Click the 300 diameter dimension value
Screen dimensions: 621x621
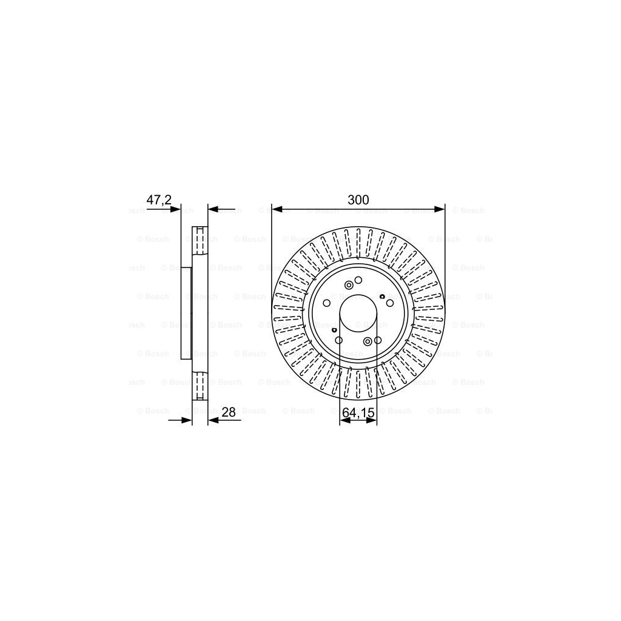point(358,200)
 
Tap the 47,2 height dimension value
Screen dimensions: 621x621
point(159,200)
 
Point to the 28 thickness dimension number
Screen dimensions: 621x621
point(229,412)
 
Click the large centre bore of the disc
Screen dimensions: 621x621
point(358,314)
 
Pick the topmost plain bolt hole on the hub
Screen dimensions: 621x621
point(358,280)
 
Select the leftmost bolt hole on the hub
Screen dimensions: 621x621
point(326,303)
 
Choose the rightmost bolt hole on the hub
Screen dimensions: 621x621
point(390,303)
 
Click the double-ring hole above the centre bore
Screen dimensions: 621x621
point(349,285)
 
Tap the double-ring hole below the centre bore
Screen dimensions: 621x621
point(368,341)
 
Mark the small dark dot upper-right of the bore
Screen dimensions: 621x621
point(382,296)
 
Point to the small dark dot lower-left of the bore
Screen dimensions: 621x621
point(334,329)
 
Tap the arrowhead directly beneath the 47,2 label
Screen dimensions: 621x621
point(176,209)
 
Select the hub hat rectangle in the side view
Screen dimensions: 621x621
point(186,314)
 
